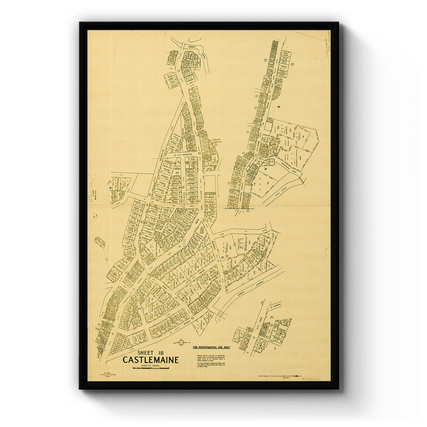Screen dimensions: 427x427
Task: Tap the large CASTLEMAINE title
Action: (x=151, y=360)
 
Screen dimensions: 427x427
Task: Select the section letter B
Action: (x=279, y=106)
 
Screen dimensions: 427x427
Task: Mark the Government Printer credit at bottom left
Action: (x=103, y=375)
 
